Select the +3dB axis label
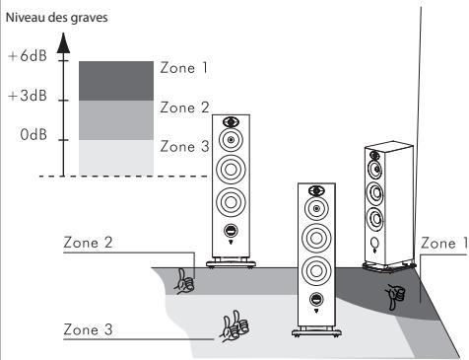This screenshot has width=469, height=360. click(28, 100)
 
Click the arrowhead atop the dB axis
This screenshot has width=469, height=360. click(66, 40)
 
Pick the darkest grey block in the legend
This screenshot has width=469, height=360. click(115, 80)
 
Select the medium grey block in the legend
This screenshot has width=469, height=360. click(115, 119)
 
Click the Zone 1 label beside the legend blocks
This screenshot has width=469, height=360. click(183, 70)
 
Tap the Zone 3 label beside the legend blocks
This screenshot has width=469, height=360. click(183, 146)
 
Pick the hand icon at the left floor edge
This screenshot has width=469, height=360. click(184, 282)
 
